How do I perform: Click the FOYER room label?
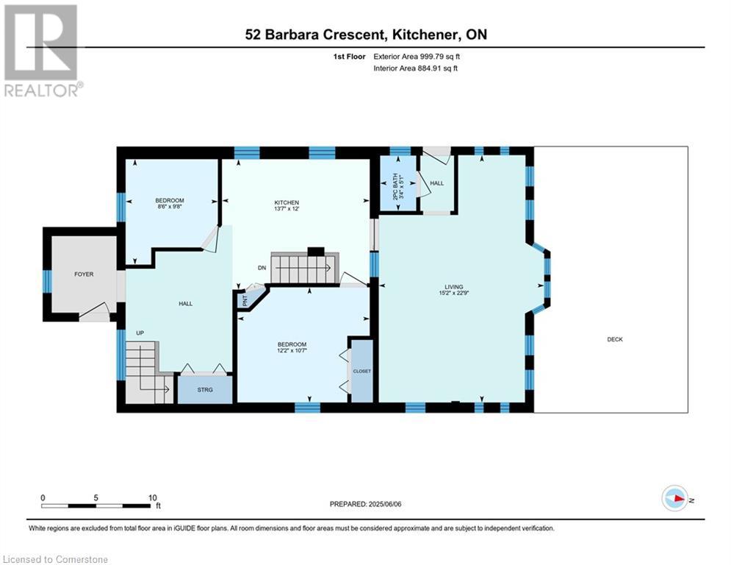84,274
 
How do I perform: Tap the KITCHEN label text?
287,202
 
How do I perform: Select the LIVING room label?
453,287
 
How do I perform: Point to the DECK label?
615,339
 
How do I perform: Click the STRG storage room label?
205,389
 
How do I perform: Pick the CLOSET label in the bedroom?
361,372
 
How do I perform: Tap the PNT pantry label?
245,301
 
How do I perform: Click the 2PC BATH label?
395,187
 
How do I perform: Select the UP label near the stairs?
140,333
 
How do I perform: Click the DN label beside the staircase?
262,268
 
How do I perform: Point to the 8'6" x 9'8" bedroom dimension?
170,206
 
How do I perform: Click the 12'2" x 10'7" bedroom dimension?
292,350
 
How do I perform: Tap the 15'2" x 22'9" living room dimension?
453,293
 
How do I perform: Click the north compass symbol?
675,499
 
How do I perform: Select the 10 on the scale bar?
153,498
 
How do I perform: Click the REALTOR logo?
42,51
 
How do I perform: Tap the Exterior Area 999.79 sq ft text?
417,57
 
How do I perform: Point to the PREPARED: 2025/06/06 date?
366,504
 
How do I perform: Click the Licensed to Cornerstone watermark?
55,559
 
